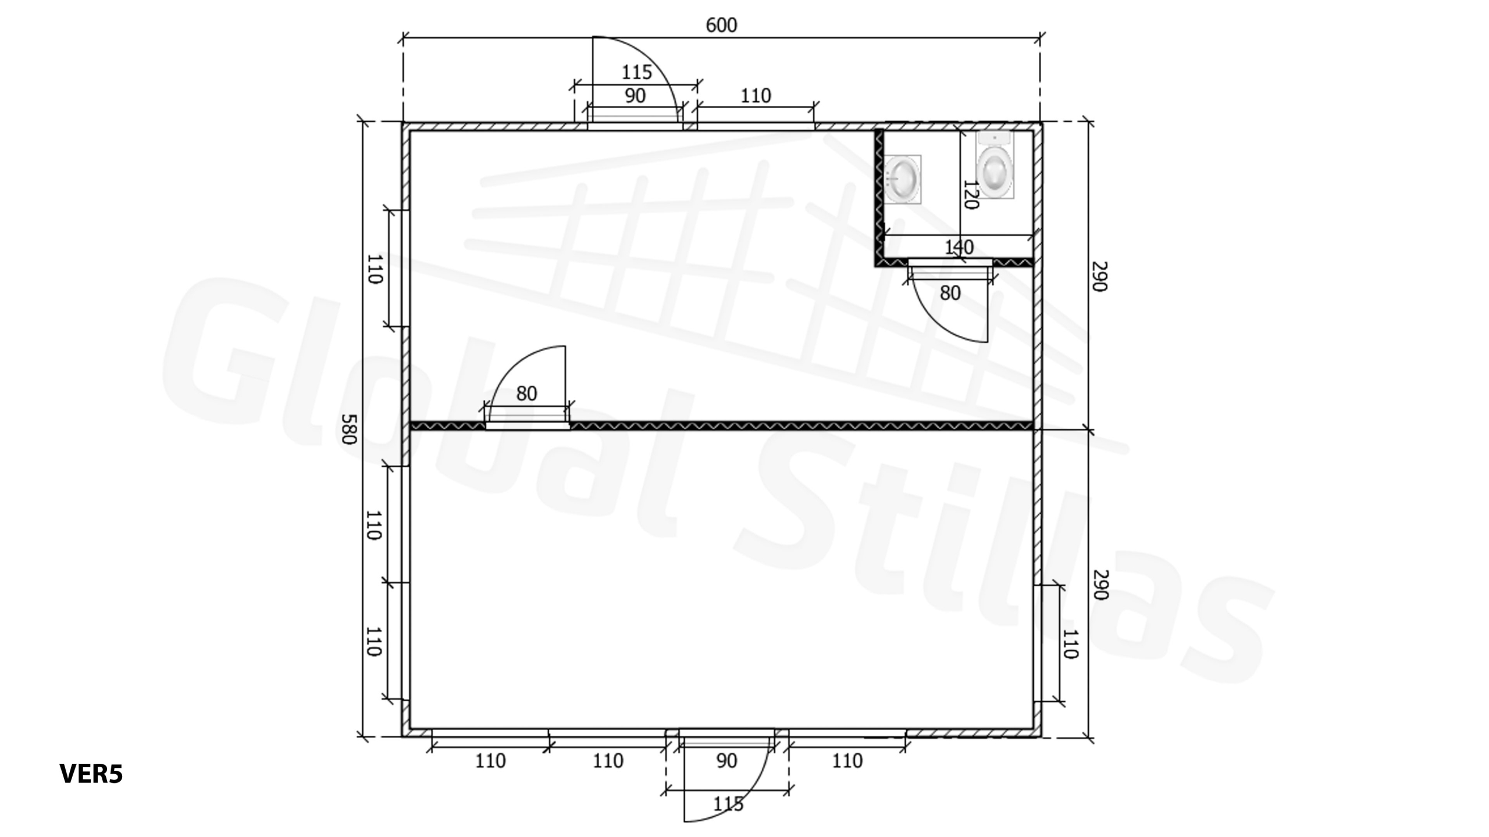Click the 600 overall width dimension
[x=721, y=26]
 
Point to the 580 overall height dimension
[x=348, y=429]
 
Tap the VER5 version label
[x=91, y=774]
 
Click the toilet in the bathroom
[x=995, y=165]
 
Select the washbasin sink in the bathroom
[x=902, y=179]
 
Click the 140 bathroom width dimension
[x=959, y=248]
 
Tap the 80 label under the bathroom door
[x=950, y=293]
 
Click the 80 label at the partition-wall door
[x=526, y=394]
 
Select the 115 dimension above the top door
[x=636, y=72]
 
